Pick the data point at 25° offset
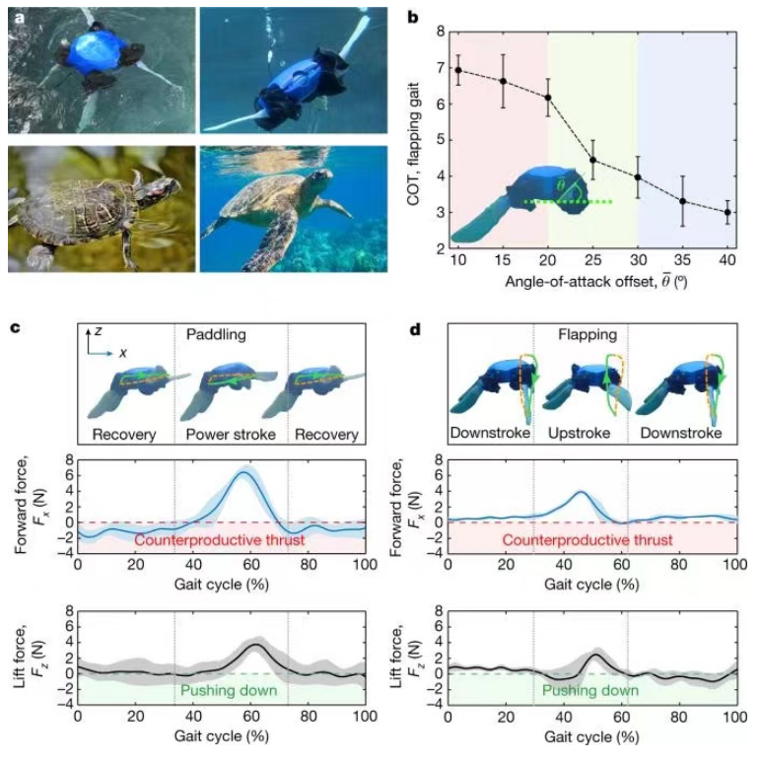pos(592,160)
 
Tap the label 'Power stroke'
pos(231,432)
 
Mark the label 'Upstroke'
pos(581,432)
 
